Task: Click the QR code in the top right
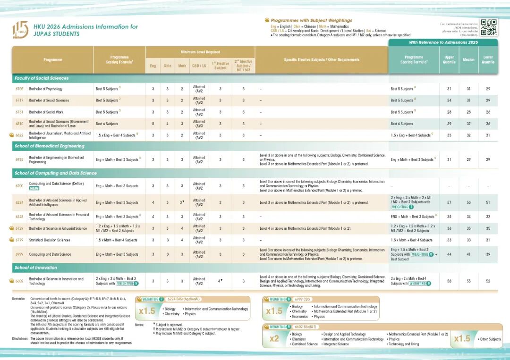coord(489,27)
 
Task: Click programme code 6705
coord(19,89)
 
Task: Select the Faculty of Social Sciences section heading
coord(42,78)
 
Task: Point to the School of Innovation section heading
coord(36,268)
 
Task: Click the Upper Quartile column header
coord(449,60)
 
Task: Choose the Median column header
coord(468,60)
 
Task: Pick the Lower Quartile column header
coord(488,60)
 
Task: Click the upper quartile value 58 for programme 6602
coord(449,281)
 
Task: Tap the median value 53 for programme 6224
coord(468,202)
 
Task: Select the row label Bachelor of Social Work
coord(46,112)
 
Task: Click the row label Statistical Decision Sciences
coord(50,240)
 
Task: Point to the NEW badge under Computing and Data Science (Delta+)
coord(34,188)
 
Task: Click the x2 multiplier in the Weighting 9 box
coord(274,339)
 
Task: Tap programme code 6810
coord(19,124)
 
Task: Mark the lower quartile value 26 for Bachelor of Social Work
coord(488,112)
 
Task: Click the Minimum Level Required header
coord(200,52)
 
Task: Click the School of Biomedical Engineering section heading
coord(49,146)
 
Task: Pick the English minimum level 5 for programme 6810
coord(153,124)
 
